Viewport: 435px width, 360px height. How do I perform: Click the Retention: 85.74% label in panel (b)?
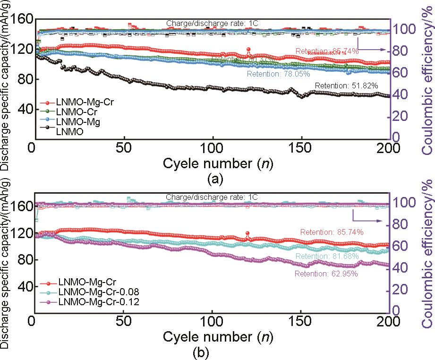[331, 232]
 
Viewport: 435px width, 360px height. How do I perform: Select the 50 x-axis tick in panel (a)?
[124, 146]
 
